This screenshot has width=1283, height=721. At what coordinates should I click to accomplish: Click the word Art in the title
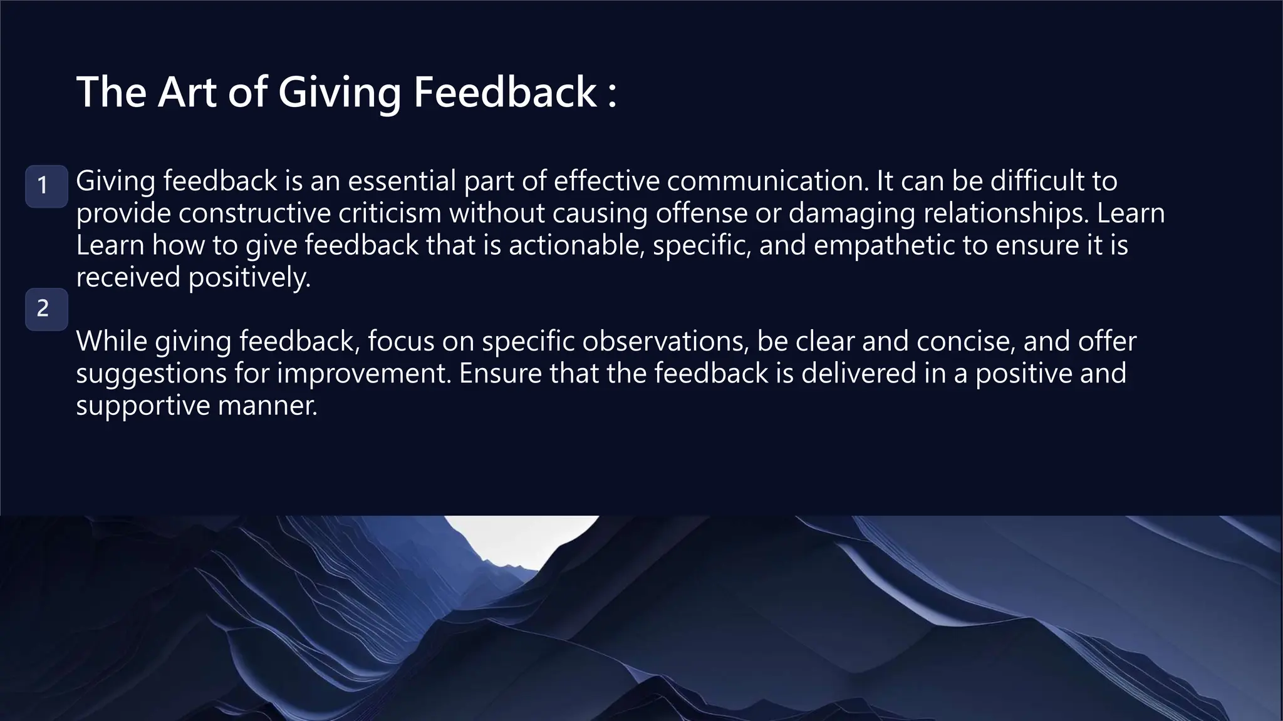(x=187, y=93)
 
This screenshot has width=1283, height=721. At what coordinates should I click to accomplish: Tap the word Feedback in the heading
(x=505, y=93)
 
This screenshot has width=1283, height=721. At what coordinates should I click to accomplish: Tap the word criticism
(x=390, y=213)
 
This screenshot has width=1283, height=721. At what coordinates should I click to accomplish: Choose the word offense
(x=701, y=213)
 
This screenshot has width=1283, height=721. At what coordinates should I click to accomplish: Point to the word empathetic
(x=884, y=245)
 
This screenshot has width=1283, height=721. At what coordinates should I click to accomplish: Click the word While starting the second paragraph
(x=112, y=342)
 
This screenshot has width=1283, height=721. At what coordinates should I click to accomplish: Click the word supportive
(x=143, y=406)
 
